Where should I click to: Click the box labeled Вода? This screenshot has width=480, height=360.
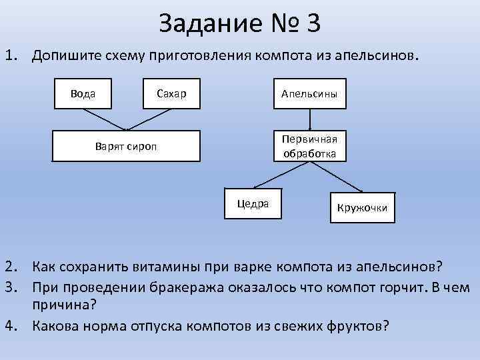83,93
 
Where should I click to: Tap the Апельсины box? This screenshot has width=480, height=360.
309,93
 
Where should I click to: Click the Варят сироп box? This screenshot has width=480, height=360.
127,146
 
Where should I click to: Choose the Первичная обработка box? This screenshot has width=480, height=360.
309,146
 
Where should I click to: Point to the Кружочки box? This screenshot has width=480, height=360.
362,207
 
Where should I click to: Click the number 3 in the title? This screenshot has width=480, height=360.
313,23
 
